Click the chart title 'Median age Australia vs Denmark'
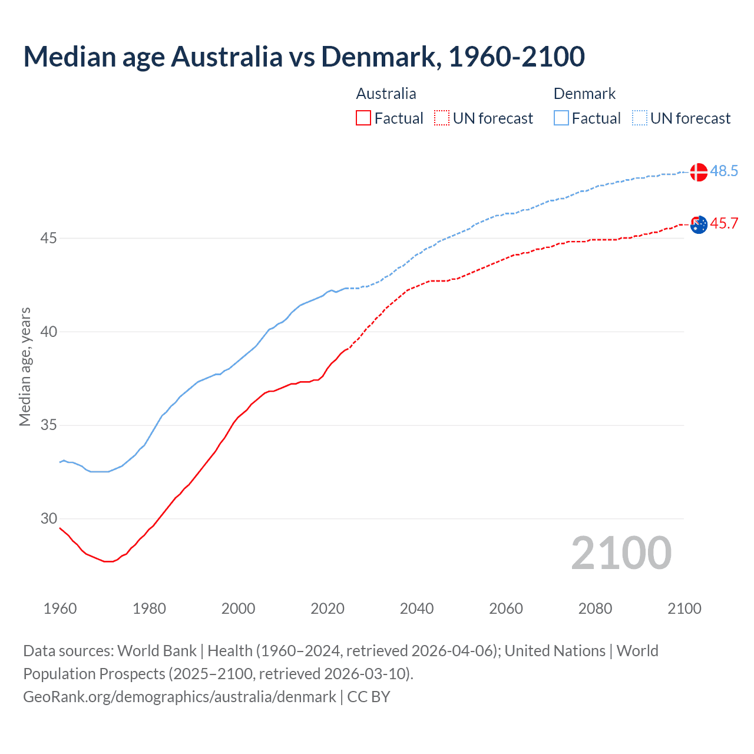[x=304, y=57]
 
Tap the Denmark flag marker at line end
[x=699, y=172]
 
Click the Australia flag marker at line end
[x=699, y=224]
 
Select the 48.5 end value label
[x=724, y=171]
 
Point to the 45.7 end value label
[x=724, y=224]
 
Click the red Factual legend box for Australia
[x=363, y=118]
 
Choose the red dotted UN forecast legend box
[x=442, y=118]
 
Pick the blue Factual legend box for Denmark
[x=561, y=118]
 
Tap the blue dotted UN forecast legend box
[x=640, y=118]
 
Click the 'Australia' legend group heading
[x=386, y=94]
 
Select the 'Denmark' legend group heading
[x=584, y=94]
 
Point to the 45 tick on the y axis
[x=49, y=239]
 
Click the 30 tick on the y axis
[x=49, y=519]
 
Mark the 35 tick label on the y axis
[x=49, y=425]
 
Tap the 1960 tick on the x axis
[x=60, y=609]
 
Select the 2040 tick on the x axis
[x=416, y=609]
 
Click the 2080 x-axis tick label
[x=595, y=609]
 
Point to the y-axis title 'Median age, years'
[x=25, y=366]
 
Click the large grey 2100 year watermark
[x=621, y=553]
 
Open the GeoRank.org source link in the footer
[x=180, y=697]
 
